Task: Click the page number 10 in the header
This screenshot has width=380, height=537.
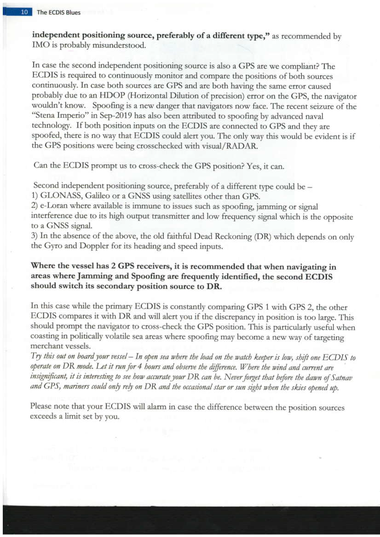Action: pyautogui.click(x=24, y=12)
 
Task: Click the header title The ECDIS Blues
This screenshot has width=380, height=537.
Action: pyautogui.click(x=58, y=12)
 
